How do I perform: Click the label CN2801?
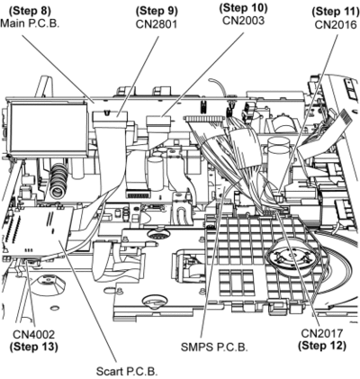[157, 23]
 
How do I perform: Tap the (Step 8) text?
[30, 11]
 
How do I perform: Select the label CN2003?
[243, 20]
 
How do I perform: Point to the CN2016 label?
[336, 24]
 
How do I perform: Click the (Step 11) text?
[336, 12]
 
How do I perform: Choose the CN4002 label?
[33, 334]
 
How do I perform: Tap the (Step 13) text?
[33, 347]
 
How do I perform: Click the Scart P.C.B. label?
[127, 371]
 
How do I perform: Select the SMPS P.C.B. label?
[214, 347]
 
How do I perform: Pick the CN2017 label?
[322, 333]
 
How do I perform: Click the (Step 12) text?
[322, 346]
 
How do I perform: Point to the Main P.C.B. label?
[30, 23]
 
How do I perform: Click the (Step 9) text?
[157, 11]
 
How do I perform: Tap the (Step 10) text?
[243, 8]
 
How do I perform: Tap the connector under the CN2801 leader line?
[110, 116]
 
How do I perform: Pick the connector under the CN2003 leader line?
[158, 122]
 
